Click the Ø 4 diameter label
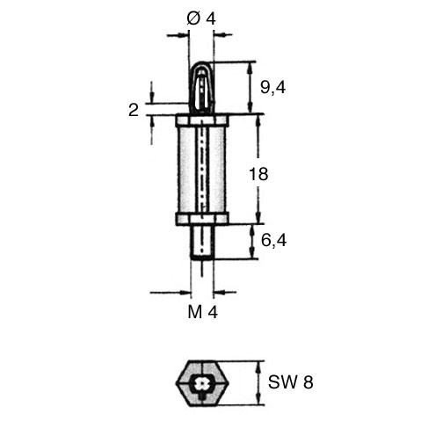tap(201, 19)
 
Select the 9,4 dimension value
tap(272, 88)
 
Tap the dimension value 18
tap(258, 174)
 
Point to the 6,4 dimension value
tap(273, 241)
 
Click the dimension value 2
tap(134, 111)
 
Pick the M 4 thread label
tap(203, 312)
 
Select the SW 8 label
tap(291, 382)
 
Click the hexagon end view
tap(202, 383)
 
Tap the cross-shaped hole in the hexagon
tap(201, 383)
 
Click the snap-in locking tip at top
tap(200, 88)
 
